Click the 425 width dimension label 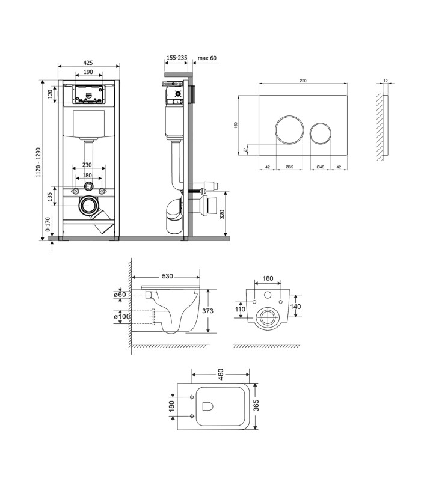(88, 63)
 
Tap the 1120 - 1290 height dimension (38, 162)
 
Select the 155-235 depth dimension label (177, 58)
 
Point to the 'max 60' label (207, 58)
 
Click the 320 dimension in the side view (223, 214)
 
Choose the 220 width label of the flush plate (303, 81)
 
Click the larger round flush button (289, 130)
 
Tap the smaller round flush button (321, 133)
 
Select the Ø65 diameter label (289, 167)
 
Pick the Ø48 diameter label (321, 167)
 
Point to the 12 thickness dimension (386, 81)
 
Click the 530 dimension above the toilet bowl (167, 276)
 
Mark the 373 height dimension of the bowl (207, 311)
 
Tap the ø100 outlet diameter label (122, 316)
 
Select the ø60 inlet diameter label (120, 295)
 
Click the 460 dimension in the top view (220, 374)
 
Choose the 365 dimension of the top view (256, 405)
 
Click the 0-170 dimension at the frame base (48, 224)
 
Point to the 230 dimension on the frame (87, 165)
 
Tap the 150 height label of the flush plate (236, 125)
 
